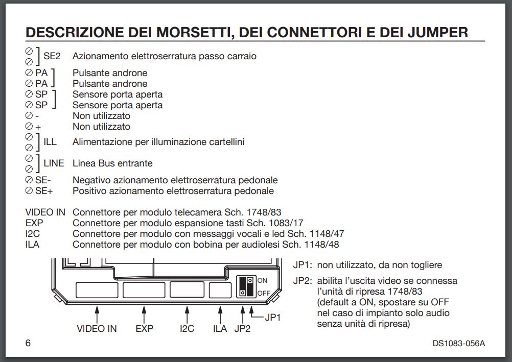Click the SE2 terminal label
(x=52, y=56)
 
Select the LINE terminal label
(x=54, y=163)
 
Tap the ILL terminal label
(x=50, y=142)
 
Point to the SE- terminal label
(x=43, y=180)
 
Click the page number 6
(x=28, y=343)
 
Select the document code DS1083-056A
(x=455, y=343)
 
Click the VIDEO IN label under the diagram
(x=97, y=329)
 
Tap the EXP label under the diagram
(x=145, y=329)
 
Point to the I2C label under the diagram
(x=187, y=329)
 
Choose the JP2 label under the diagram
(x=242, y=329)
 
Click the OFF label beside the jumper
(x=263, y=294)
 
